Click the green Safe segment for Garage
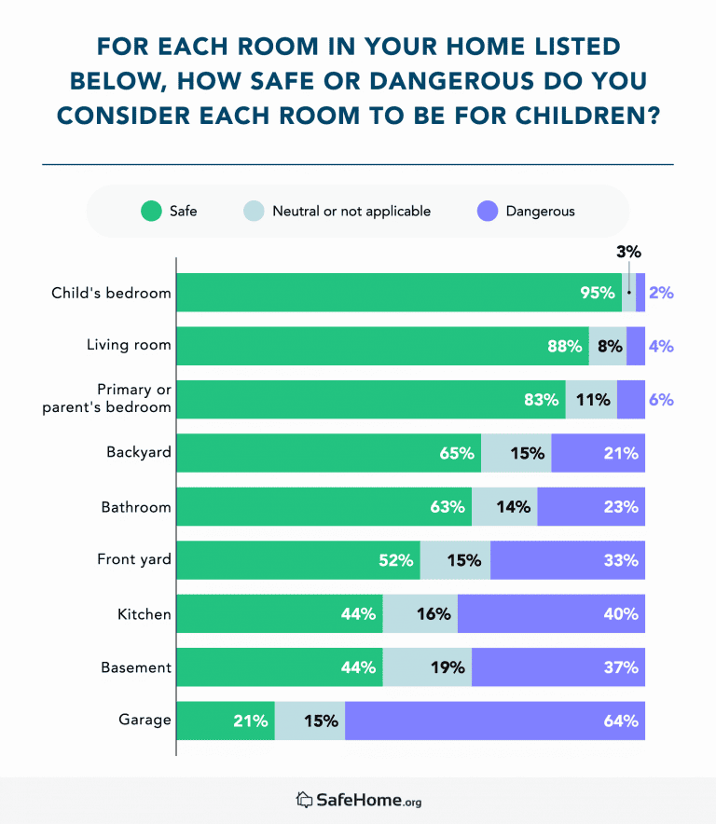tap(226, 721)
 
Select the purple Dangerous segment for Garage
tap(494, 721)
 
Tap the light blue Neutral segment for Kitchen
tap(420, 614)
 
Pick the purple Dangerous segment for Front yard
tap(567, 560)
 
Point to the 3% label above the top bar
tap(628, 252)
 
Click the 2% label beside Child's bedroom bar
tap(661, 293)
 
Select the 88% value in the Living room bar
tap(565, 347)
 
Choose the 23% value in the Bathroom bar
tap(620, 507)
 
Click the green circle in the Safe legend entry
tap(151, 212)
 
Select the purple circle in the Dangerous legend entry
tap(488, 212)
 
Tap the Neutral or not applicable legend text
tap(351, 212)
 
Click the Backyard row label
tap(139, 453)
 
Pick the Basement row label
tap(136, 667)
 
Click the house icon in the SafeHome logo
tap(304, 800)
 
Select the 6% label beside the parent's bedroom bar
tap(661, 400)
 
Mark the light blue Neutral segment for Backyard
tap(516, 453)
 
